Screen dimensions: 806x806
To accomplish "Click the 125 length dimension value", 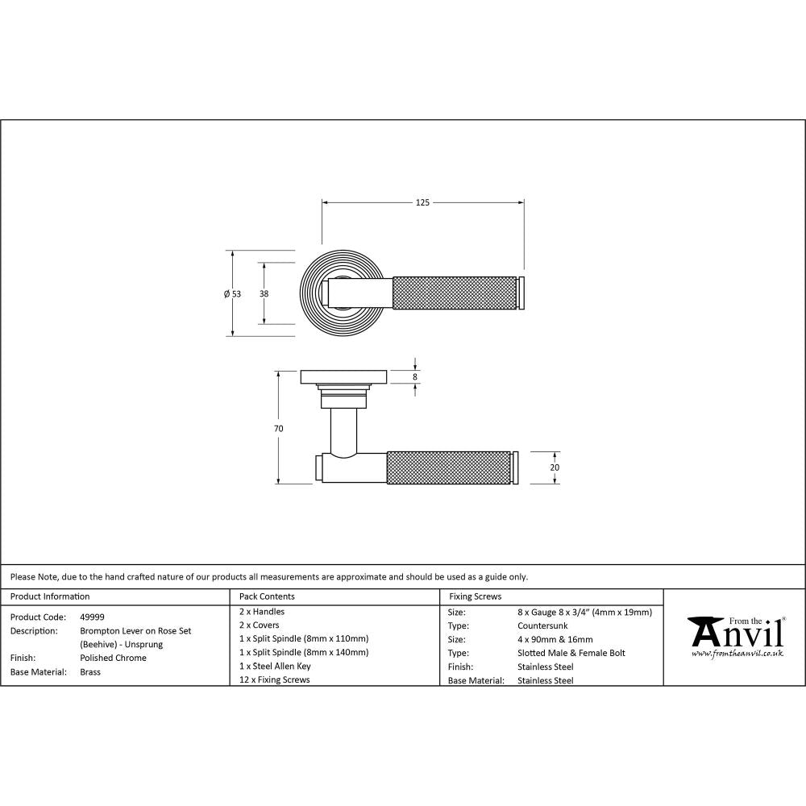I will (422, 202).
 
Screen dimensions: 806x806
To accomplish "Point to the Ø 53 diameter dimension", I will (233, 294).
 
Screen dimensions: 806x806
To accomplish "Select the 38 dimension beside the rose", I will (264, 294).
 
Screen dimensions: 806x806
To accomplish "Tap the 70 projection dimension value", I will (279, 429).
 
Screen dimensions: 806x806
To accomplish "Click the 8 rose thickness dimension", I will (415, 376).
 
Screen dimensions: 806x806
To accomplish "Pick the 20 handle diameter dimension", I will (555, 467).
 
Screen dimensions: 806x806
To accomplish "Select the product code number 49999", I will (92, 617).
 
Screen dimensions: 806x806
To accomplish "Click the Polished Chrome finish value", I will (113, 658).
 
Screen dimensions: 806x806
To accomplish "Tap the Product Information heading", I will (50, 596).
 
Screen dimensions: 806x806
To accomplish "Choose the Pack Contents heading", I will (267, 596).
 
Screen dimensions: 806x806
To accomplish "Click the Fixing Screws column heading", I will (475, 596).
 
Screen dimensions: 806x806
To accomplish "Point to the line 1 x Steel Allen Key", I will (275, 666).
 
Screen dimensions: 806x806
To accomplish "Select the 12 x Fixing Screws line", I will (275, 679).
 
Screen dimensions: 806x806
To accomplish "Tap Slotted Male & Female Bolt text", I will (571, 653).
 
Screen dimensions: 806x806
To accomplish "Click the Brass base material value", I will (90, 671).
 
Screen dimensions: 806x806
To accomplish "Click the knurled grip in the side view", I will (450, 468).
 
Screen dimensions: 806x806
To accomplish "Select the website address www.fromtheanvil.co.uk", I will (737, 654).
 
